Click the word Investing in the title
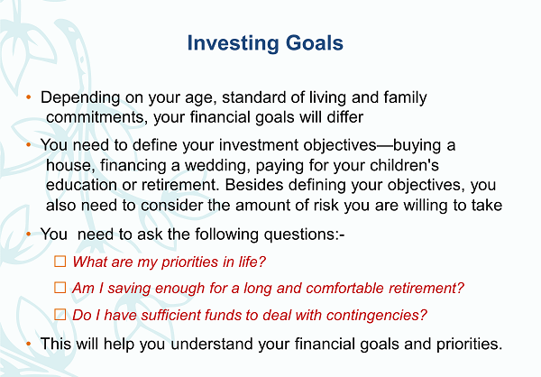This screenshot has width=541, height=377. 233,43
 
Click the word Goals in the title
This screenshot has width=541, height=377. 315,42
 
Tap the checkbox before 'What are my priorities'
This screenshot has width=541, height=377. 60,262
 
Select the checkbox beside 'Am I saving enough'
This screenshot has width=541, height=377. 60,287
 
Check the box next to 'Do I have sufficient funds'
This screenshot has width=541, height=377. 60,314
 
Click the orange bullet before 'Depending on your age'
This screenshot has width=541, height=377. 29,97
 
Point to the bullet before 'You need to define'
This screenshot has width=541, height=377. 29,144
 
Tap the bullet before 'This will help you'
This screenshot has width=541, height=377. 29,344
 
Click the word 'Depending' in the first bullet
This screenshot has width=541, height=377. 80,98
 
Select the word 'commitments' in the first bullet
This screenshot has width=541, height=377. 95,117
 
